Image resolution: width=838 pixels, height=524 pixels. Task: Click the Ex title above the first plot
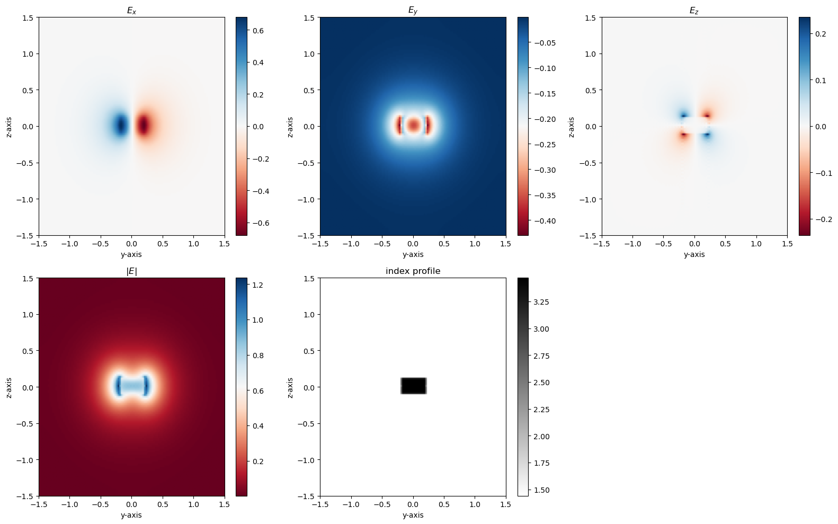[x=131, y=11]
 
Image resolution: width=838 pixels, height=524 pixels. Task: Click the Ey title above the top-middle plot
[x=413, y=11]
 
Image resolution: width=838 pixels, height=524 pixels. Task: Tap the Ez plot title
[x=694, y=11]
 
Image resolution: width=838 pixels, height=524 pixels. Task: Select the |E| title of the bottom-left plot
[x=131, y=271]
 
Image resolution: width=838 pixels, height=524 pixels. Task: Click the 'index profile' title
[x=413, y=271]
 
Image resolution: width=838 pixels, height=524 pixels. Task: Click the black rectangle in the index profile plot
[x=413, y=386]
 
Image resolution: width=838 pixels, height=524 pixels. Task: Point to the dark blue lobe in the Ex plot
[x=121, y=126]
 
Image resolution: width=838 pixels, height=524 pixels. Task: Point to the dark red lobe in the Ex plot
[x=144, y=126]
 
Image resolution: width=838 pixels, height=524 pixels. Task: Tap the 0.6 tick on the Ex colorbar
[x=258, y=31]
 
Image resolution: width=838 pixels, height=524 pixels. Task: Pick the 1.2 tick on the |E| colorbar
[x=258, y=285]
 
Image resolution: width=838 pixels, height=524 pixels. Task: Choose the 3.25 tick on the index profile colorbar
[x=541, y=302]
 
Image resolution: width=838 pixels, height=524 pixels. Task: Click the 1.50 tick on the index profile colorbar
[x=541, y=490]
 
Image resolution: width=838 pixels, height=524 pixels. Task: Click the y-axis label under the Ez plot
[x=694, y=254]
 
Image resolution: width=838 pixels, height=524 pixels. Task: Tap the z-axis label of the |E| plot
[x=9, y=388]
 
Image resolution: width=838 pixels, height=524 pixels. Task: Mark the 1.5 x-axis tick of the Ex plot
[x=225, y=244]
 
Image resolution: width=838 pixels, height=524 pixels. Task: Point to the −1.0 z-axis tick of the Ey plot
[x=309, y=199]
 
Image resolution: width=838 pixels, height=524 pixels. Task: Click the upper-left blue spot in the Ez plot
[x=684, y=115]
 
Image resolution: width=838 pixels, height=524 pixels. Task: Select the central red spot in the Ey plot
[x=413, y=126]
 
